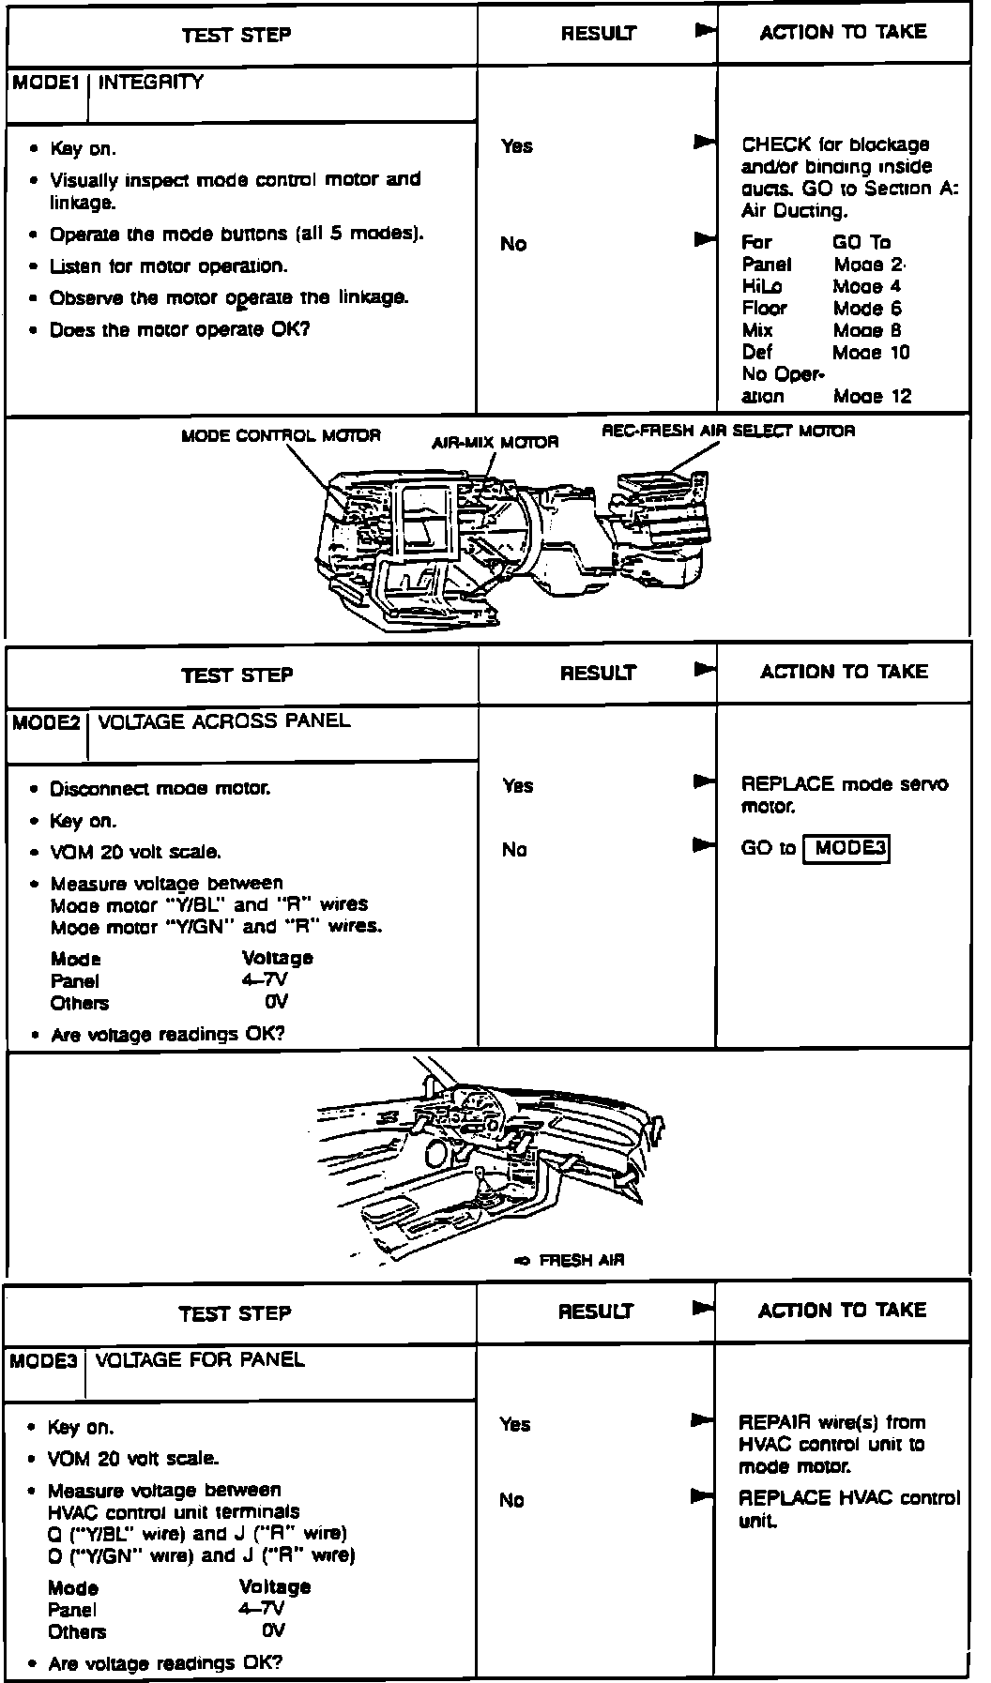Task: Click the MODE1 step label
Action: coord(44,83)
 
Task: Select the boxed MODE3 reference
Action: coord(846,849)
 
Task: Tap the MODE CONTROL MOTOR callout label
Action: coord(281,436)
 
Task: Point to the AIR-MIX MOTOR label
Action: coord(495,442)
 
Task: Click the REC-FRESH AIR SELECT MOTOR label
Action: coord(728,432)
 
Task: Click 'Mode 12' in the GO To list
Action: coord(872,397)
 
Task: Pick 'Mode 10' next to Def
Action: coord(871,353)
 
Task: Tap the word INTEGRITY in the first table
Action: coord(150,83)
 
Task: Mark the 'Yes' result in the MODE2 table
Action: coord(517,786)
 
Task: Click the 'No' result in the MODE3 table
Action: coord(511,1501)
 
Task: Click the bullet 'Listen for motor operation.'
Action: coord(169,266)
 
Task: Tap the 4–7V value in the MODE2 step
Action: coord(264,980)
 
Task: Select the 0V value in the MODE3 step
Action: coord(273,1631)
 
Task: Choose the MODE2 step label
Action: coord(45,723)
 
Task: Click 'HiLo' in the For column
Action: coord(761,287)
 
